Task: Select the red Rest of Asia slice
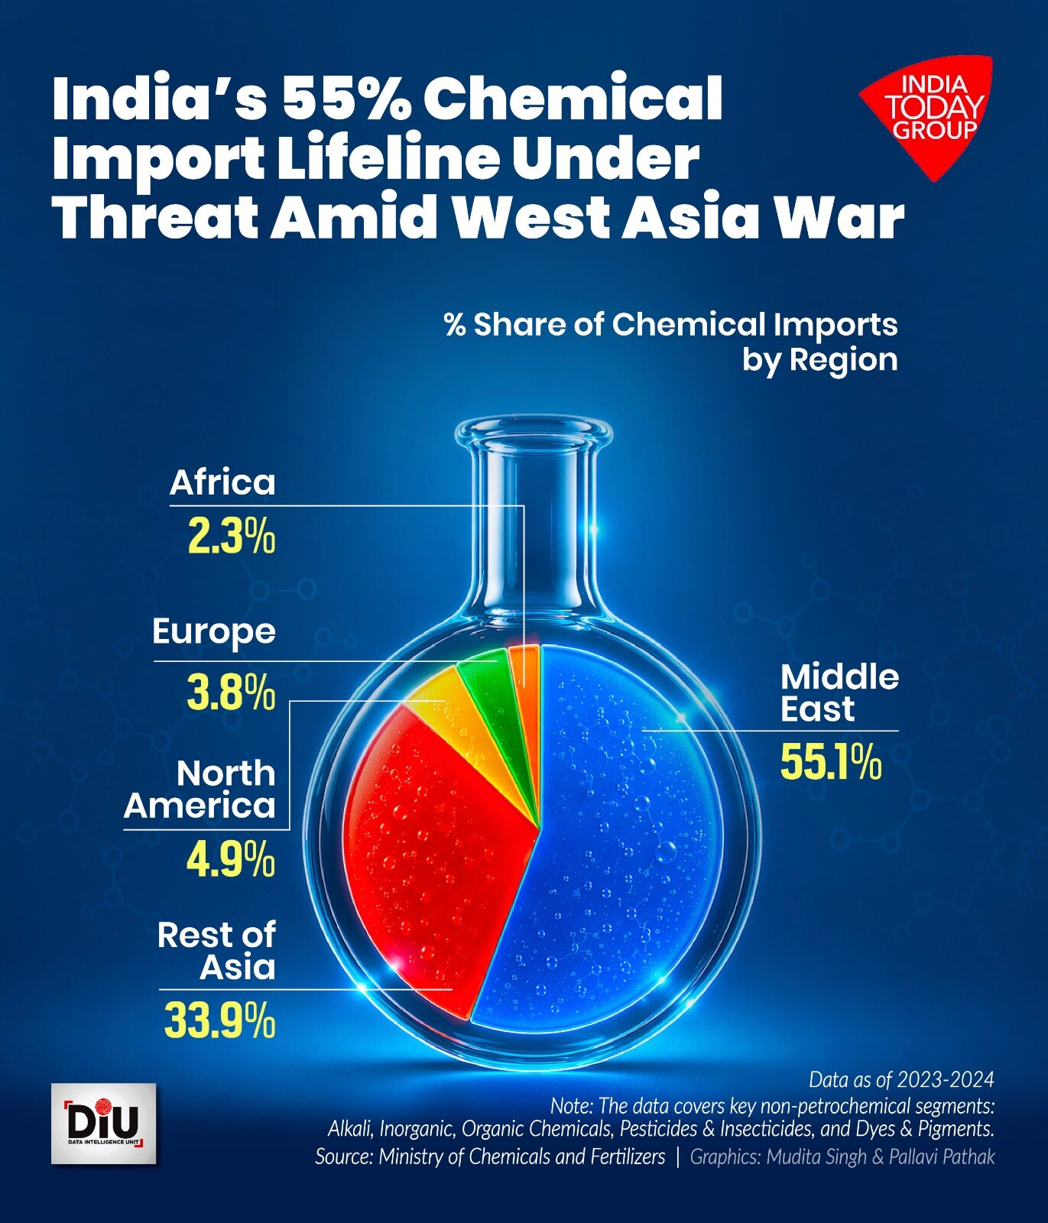(428, 856)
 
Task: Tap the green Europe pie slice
(489, 688)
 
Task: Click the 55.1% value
(831, 763)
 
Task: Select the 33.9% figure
(219, 1021)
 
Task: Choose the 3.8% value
(231, 694)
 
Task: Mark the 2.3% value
(231, 537)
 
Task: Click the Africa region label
(222, 483)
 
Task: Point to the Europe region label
(214, 632)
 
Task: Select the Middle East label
(839, 693)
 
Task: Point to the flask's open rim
(533, 431)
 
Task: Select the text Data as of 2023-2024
(901, 1079)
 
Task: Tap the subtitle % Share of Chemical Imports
(670, 325)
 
